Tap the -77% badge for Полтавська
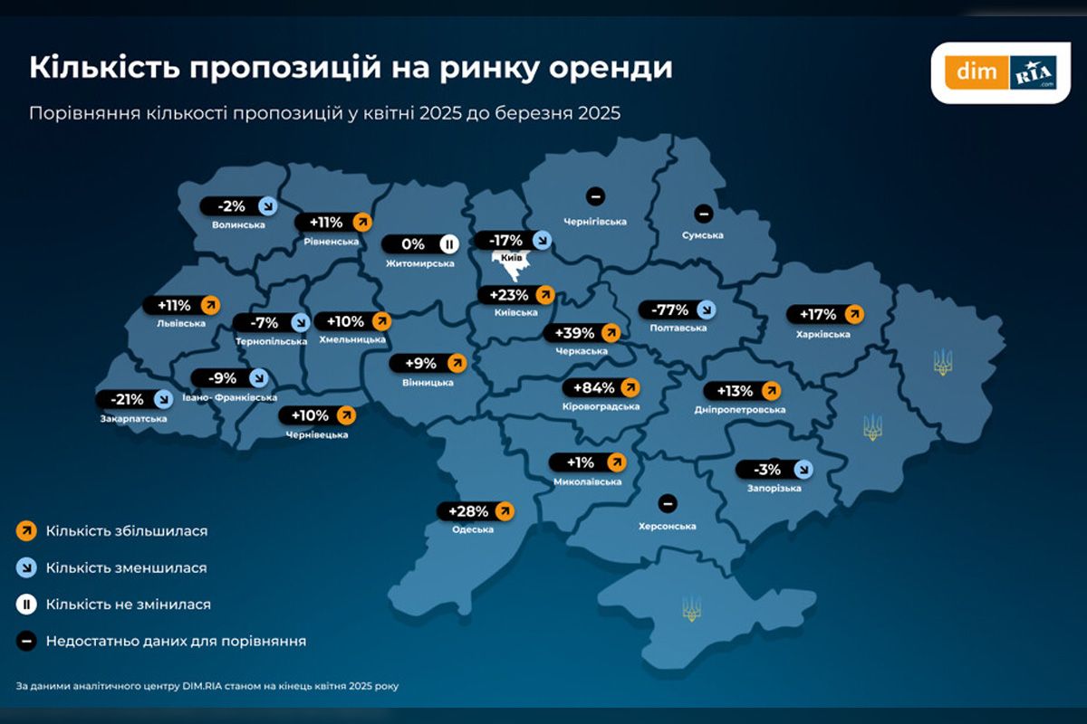pos(678,310)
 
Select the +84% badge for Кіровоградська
pos(601,388)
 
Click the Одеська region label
pos(473,529)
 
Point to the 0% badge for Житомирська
pos(421,244)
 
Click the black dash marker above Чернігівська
pos(595,195)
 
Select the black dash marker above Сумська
pos(702,214)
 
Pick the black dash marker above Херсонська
pos(668,503)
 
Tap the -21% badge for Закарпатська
pos(134,399)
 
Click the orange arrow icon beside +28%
pos(504,511)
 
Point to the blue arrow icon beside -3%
pos(803,469)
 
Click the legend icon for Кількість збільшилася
pos(25,531)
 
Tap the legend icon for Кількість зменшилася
pos(25,568)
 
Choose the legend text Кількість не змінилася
pos(129,604)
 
